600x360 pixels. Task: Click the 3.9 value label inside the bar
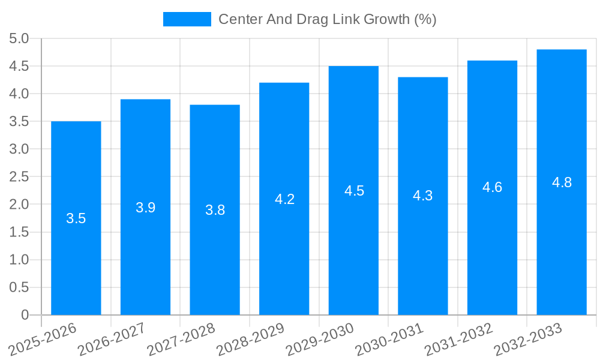pyautogui.click(x=146, y=208)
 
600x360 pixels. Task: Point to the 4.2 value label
pyautogui.click(x=284, y=199)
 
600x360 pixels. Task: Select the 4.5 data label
pyautogui.click(x=354, y=191)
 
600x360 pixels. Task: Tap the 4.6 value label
pyautogui.click(x=492, y=187)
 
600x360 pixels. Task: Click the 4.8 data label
pyautogui.click(x=562, y=182)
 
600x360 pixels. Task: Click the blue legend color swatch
pyautogui.click(x=187, y=19)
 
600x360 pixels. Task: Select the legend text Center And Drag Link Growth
pyautogui.click(x=327, y=19)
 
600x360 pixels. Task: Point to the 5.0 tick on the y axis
pyautogui.click(x=19, y=39)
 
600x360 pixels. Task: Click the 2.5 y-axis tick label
pyautogui.click(x=19, y=177)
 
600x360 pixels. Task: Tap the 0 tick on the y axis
pyautogui.click(x=25, y=315)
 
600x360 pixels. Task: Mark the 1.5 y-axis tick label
pyautogui.click(x=19, y=232)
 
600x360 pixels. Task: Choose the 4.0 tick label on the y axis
pyautogui.click(x=19, y=94)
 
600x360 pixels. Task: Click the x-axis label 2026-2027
pyautogui.click(x=113, y=339)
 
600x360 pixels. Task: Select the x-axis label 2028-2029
pyautogui.click(x=251, y=339)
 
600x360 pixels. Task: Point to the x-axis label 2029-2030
pyautogui.click(x=320, y=339)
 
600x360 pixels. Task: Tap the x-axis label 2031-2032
pyautogui.click(x=459, y=339)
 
